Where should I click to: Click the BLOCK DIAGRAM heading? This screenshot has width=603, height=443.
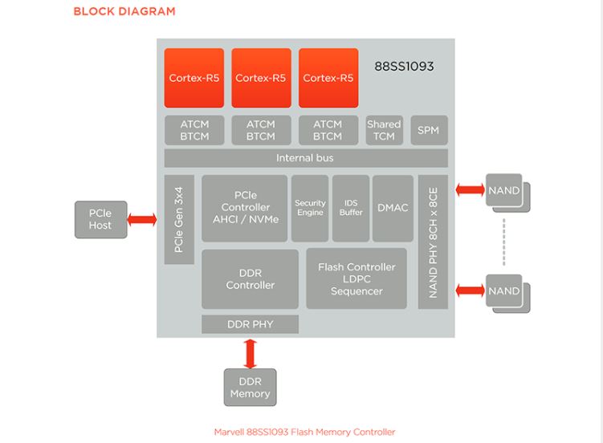(124, 11)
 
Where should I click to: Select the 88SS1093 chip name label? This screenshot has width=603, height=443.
(404, 67)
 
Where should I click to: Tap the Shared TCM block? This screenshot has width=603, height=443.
(383, 130)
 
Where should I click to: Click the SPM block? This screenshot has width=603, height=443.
(428, 130)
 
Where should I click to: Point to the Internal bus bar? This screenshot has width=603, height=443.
(305, 158)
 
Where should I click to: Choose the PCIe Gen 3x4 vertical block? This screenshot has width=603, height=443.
(179, 219)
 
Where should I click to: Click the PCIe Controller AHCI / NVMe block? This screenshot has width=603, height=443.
(244, 208)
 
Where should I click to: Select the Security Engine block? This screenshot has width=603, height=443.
(310, 208)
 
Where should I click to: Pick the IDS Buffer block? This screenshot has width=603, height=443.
(351, 208)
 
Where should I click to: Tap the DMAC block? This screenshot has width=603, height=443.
(393, 208)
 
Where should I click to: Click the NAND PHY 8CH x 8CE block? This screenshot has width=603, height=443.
(433, 242)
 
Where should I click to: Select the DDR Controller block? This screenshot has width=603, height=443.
(250, 278)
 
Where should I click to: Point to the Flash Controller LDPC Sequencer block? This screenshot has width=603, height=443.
(357, 278)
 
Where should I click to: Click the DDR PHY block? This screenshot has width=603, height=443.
(250, 324)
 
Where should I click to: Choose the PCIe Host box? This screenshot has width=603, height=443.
(100, 219)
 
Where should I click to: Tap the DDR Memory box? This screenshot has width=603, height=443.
(250, 387)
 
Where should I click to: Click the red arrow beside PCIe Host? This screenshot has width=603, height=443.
(142, 219)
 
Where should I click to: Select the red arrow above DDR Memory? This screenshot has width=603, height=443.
(250, 352)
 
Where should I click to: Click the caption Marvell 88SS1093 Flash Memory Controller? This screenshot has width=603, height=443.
(304, 432)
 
